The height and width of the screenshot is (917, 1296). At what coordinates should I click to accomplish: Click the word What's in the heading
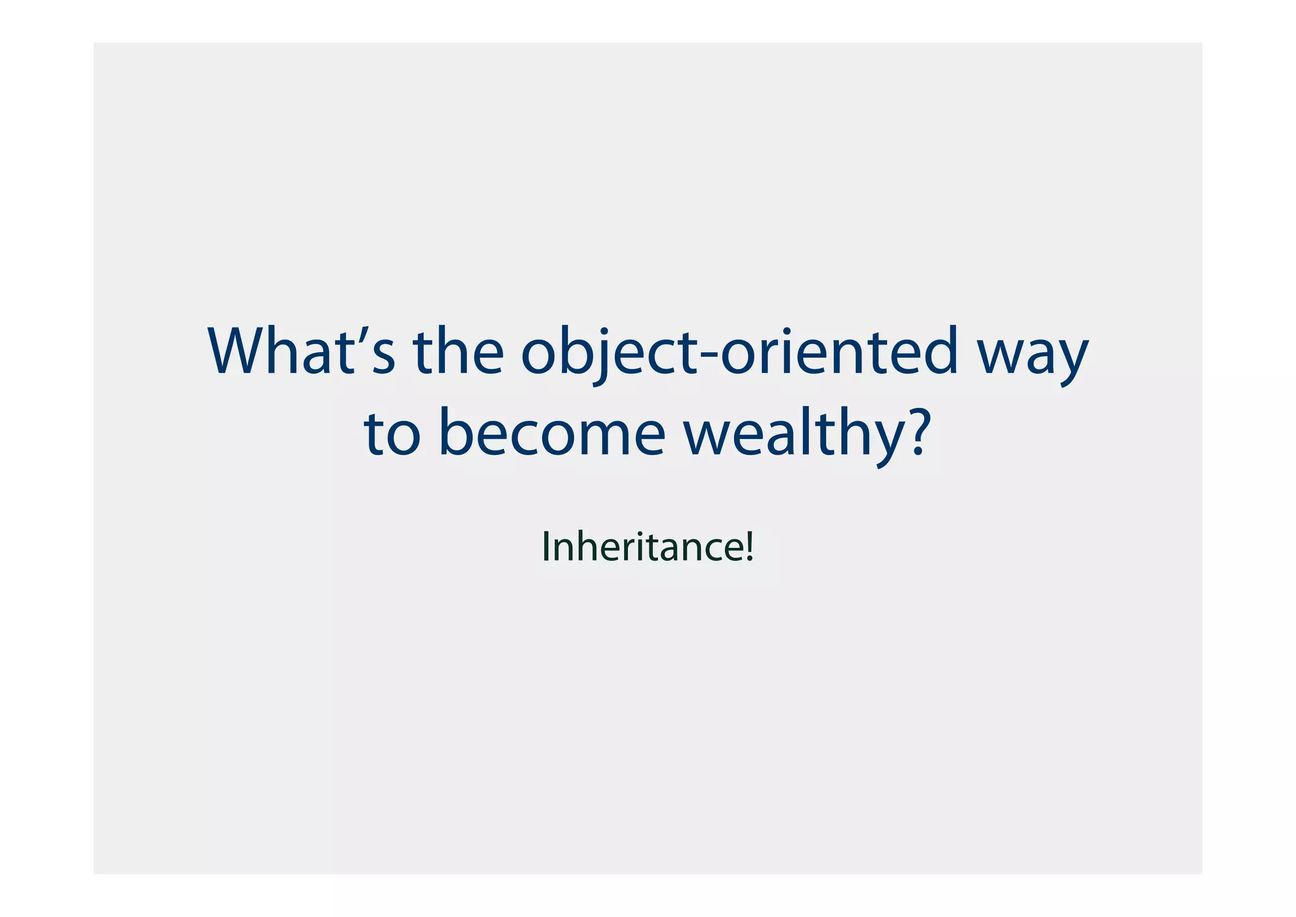(x=302, y=352)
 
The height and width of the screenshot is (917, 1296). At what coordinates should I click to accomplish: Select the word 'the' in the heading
(x=458, y=352)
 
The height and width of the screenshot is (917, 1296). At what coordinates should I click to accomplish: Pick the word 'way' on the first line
(x=1032, y=358)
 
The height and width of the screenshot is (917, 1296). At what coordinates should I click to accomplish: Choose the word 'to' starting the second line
(x=392, y=434)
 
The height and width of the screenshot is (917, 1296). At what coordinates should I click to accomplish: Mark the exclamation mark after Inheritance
(x=750, y=547)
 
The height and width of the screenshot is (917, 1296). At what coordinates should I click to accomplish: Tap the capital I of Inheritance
(x=546, y=547)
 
